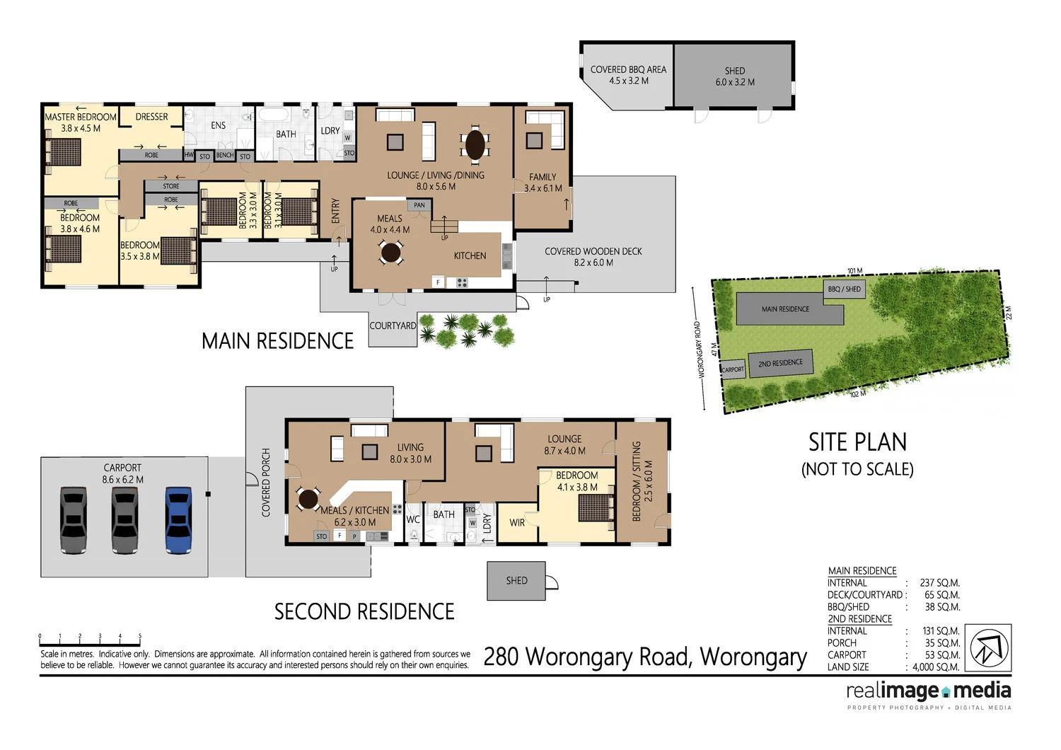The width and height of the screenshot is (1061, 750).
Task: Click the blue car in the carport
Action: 178,519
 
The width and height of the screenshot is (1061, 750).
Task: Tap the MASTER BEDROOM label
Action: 81,117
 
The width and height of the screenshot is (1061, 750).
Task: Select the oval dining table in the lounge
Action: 475,145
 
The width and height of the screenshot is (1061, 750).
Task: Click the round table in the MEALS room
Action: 391,252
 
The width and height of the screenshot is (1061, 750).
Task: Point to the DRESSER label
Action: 152,117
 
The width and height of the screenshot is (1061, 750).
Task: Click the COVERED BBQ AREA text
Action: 628,70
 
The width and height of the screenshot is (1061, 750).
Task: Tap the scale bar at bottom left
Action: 90,641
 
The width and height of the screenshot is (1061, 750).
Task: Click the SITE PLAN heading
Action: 857,443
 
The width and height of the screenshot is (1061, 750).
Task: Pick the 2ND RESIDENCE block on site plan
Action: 781,364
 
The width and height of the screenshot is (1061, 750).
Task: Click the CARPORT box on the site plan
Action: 733,369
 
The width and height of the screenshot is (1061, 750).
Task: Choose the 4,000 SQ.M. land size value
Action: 936,667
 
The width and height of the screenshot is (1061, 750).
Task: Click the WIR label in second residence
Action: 517,523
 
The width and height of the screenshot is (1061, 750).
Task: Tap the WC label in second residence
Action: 413,519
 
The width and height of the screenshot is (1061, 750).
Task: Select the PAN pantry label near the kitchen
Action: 419,205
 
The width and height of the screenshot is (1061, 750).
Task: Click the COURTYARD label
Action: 393,326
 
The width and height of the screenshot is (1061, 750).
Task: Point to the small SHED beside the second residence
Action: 516,581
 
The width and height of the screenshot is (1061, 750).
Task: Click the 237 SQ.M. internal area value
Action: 939,583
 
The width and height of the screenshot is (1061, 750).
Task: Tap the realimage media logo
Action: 928,692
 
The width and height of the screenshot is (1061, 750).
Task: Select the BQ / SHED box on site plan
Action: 845,289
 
